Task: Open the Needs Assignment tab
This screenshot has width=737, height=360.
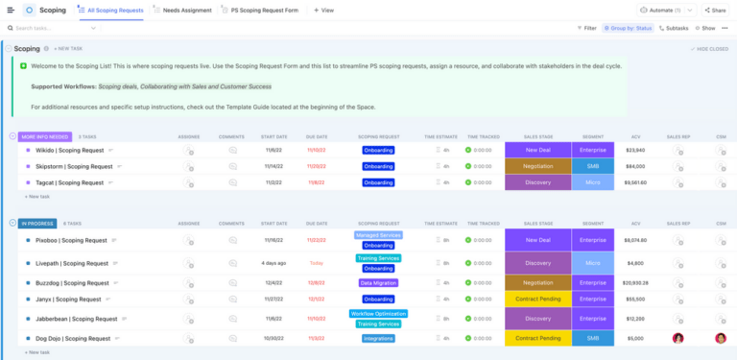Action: tap(185, 10)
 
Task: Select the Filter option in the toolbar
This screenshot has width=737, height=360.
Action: tap(585, 28)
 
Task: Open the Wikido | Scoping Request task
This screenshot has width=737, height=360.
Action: tap(71, 150)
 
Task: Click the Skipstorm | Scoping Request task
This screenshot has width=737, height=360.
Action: tap(74, 166)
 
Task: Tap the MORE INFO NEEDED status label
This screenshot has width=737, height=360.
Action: tap(43, 136)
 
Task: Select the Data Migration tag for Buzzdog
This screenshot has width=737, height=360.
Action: tap(378, 283)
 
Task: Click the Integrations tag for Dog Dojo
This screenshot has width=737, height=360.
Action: tap(378, 338)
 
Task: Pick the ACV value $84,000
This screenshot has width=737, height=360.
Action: tap(634, 166)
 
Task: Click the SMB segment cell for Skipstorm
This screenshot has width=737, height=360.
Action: tap(592, 166)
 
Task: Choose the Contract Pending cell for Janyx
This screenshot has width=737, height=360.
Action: tap(537, 299)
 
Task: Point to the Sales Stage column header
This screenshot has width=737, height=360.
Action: tap(537, 137)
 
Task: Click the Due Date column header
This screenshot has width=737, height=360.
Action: tap(317, 137)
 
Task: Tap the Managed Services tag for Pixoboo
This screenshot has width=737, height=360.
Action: tap(378, 234)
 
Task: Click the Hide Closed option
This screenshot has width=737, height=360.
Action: tap(711, 48)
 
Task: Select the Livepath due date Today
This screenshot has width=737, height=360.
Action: tap(317, 263)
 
